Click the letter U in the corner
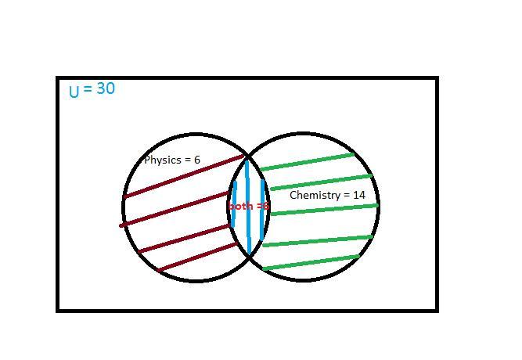[74, 92]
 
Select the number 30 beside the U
[105, 89]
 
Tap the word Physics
[162, 160]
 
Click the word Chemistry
[314, 195]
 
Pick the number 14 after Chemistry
[358, 195]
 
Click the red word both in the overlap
[239, 207]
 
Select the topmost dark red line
[185, 177]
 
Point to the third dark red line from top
[188, 238]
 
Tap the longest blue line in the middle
[248, 207]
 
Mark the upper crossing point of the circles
[248, 157]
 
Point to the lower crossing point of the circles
[250, 255]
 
